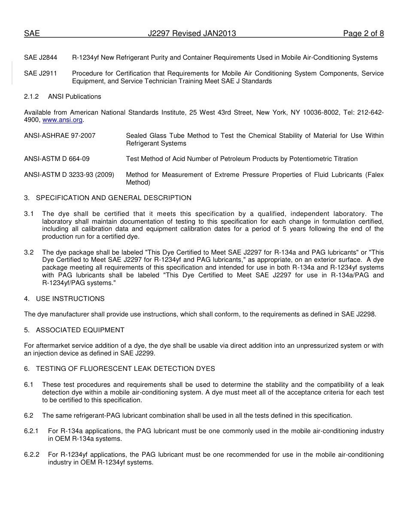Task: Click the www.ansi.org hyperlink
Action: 62,120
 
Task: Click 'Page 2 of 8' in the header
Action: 363,33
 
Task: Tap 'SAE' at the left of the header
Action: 32,33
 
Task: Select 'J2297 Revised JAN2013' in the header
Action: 192,33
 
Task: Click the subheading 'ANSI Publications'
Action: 74,97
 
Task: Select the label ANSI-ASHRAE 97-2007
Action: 60,136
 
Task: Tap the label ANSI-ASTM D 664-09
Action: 57,159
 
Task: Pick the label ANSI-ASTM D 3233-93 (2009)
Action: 69,175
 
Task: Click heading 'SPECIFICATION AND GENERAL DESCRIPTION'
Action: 113,198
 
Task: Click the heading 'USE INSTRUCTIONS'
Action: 70,299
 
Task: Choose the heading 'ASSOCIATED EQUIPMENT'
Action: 80,330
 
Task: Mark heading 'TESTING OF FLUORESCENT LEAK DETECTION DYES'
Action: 125,369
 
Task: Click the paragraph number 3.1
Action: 29,214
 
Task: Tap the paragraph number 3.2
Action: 29,252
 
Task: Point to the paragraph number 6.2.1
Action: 31,431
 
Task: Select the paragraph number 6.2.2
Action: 31,455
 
